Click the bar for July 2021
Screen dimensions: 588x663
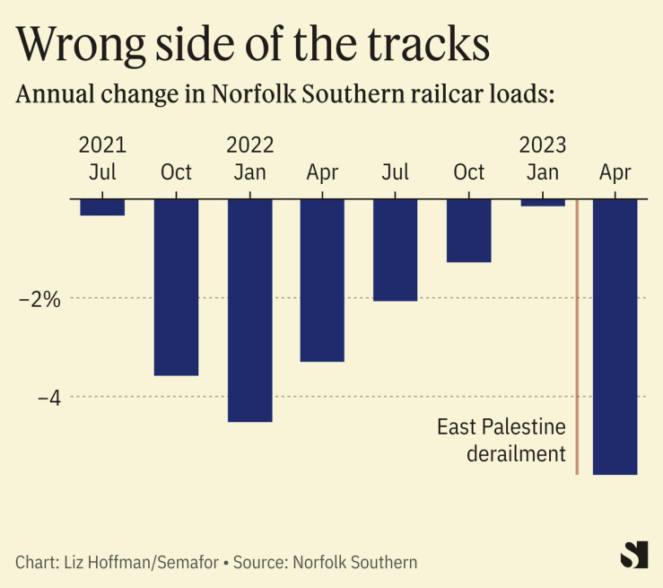click(x=102, y=207)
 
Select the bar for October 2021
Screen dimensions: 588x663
click(x=176, y=286)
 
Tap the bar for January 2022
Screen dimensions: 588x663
click(x=249, y=310)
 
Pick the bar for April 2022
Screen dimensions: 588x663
click(x=322, y=280)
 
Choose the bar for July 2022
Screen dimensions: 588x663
click(x=396, y=250)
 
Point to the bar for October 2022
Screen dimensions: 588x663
click(x=469, y=231)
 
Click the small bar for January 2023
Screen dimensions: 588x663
click(x=543, y=202)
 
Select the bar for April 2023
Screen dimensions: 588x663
click(x=615, y=337)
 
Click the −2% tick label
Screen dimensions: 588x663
click(x=39, y=299)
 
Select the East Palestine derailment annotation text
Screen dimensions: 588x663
click(x=502, y=440)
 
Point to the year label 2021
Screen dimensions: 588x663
click(x=102, y=145)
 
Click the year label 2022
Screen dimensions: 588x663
click(x=249, y=145)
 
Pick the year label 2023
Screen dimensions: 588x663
click(x=543, y=145)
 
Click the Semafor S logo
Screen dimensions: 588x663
click(x=633, y=555)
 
